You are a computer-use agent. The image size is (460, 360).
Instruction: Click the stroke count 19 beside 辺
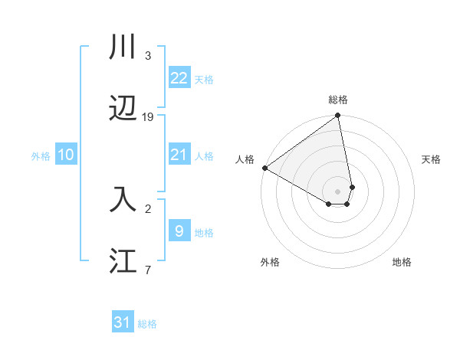148,117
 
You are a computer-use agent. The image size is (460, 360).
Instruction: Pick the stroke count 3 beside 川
147,55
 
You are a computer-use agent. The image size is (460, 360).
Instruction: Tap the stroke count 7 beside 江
147,270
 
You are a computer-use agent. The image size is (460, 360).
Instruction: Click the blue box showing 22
179,77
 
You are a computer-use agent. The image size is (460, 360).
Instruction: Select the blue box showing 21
179,155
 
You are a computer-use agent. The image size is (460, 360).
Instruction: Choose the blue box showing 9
179,231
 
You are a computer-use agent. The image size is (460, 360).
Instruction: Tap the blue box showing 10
66,155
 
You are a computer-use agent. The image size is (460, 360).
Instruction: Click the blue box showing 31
123,322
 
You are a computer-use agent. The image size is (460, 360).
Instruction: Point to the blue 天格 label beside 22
204,79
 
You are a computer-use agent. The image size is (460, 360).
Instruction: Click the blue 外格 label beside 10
41,156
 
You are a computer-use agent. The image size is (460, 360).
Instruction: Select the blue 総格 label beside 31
147,324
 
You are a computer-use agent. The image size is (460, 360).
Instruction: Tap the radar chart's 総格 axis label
338,100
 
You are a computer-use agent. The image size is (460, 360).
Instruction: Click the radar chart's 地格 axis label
402,262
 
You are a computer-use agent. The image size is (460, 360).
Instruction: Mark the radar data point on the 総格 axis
338,116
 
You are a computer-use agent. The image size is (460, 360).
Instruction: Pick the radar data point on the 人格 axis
264,168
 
